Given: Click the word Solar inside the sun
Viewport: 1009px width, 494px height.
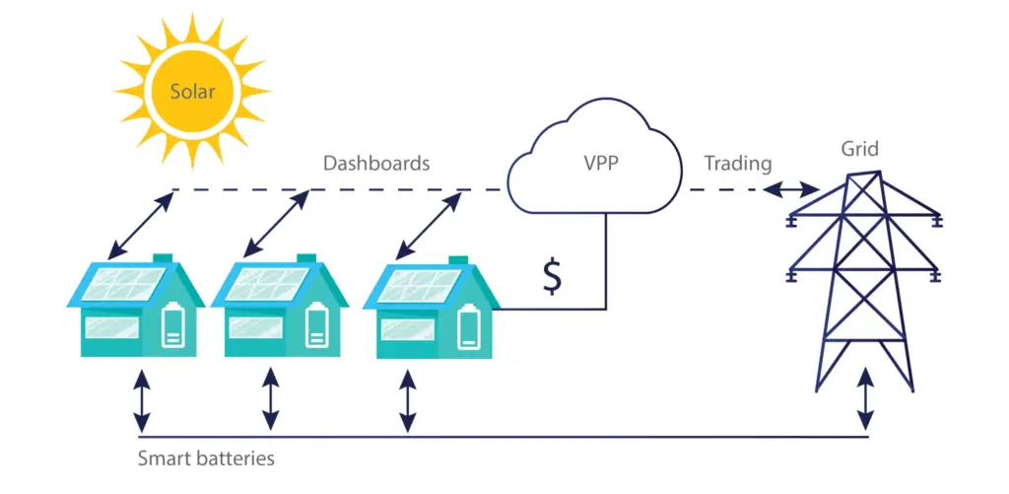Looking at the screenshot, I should pos(192,92).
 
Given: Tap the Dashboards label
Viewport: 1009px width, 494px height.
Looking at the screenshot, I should pos(376,164).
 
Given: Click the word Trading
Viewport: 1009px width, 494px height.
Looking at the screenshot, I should pos(737,163).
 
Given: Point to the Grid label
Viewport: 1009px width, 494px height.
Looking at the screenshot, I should pos(859,149).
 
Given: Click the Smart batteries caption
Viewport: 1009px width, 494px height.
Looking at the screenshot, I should pos(206,458).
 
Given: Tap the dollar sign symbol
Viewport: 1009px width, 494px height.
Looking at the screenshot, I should pos(553,277).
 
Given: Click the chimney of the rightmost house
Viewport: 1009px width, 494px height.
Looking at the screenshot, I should pos(458,261).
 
